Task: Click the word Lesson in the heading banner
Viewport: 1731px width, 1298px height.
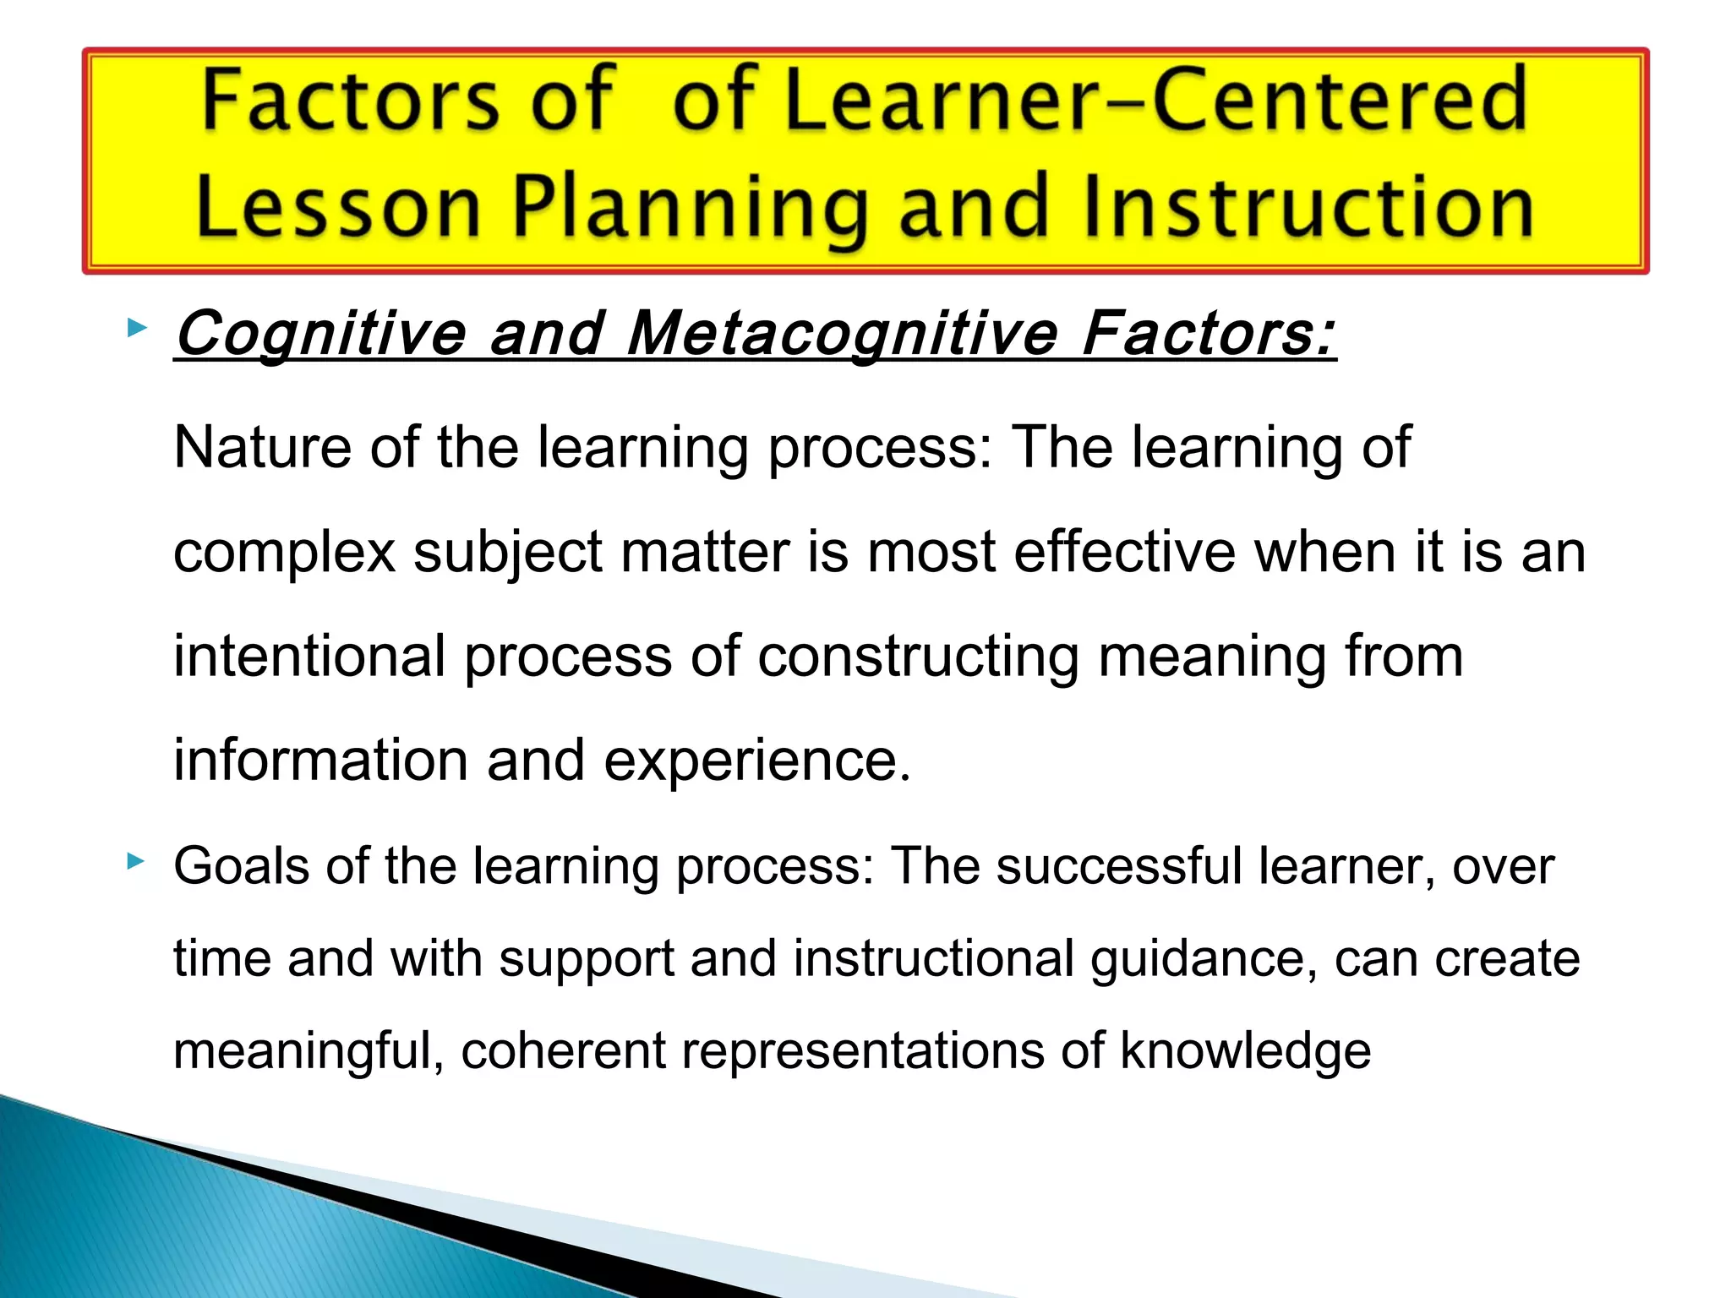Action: pyautogui.click(x=338, y=208)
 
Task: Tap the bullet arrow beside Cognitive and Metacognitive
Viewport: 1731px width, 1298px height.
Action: pyautogui.click(x=136, y=328)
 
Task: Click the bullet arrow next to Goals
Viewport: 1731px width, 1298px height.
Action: pyautogui.click(x=136, y=862)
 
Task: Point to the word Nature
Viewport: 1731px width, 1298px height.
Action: pyautogui.click(x=262, y=447)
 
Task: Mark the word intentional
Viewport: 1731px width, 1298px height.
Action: pyautogui.click(x=309, y=657)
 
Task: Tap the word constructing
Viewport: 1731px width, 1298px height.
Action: pyautogui.click(x=918, y=658)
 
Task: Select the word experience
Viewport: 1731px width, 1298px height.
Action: pyautogui.click(x=757, y=761)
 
